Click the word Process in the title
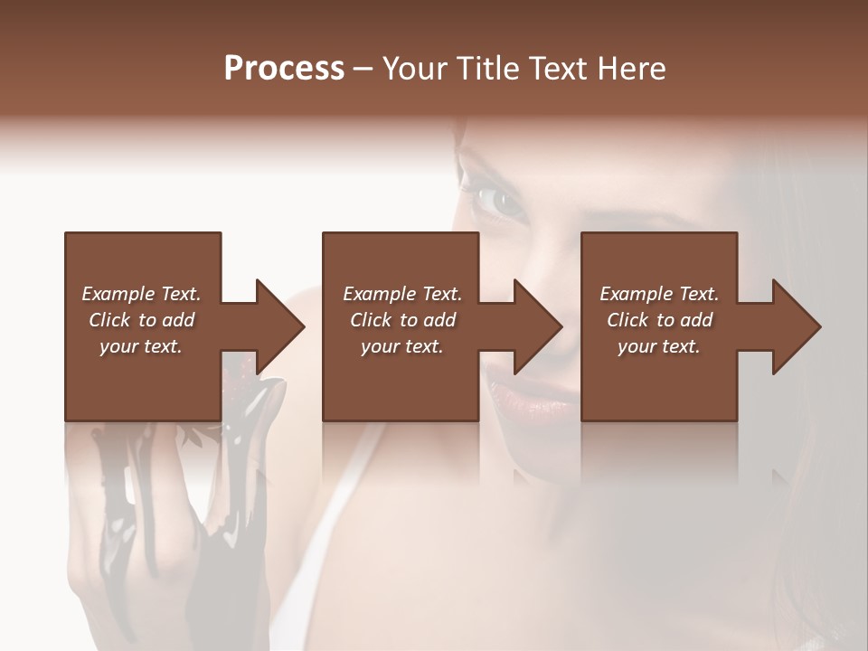pos(284,69)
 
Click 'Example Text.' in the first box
pos(141,294)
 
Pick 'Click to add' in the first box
pos(141,320)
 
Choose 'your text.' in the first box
pos(141,346)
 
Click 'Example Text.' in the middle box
pos(402,294)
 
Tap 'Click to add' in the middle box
pos(402,320)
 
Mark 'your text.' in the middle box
pos(402,346)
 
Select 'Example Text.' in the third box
pos(659,294)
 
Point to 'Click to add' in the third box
pos(659,320)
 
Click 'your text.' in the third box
pos(659,346)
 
